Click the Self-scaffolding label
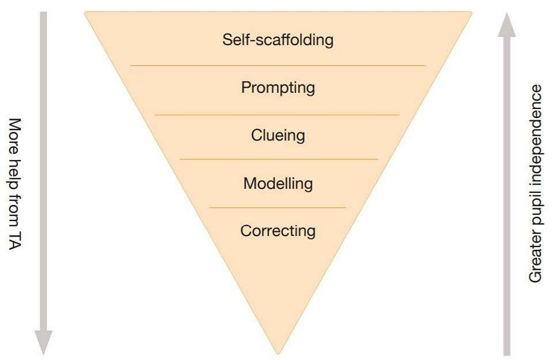click(x=278, y=40)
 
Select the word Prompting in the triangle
click(x=278, y=88)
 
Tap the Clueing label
click(x=278, y=136)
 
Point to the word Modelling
click(x=278, y=184)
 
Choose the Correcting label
click(x=278, y=231)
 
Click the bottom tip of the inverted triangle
click(x=278, y=354)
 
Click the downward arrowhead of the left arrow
click(x=43, y=342)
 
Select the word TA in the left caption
click(x=15, y=240)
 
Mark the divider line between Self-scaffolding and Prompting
click(x=278, y=66)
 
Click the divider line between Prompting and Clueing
click(x=277, y=115)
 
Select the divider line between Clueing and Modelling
click(x=279, y=160)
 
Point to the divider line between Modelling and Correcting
click(x=277, y=208)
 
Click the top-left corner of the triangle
click(x=85, y=12)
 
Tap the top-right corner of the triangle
click(x=472, y=12)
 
